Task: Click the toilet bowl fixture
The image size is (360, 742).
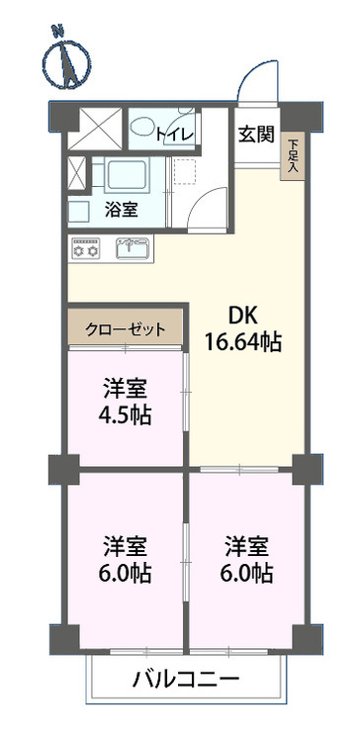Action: click(146, 129)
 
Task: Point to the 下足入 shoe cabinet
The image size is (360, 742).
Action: click(293, 155)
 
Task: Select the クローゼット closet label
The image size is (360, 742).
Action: click(125, 329)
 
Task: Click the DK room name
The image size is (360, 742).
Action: click(244, 318)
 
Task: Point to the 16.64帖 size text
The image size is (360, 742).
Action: click(243, 343)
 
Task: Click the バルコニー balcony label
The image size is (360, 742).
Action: click(187, 681)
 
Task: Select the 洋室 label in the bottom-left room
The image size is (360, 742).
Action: click(125, 546)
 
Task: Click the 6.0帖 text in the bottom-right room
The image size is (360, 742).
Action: click(246, 572)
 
